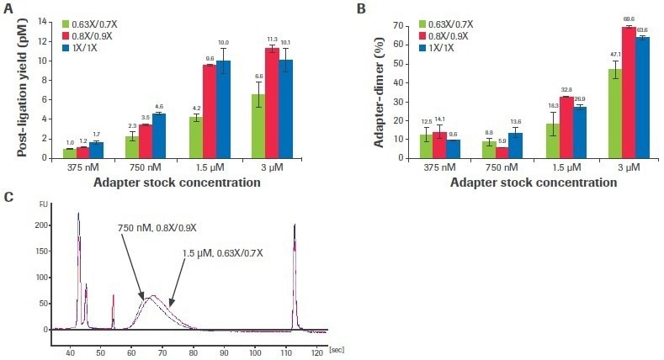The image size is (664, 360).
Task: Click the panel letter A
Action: (9, 8)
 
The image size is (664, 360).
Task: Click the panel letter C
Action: (9, 197)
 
